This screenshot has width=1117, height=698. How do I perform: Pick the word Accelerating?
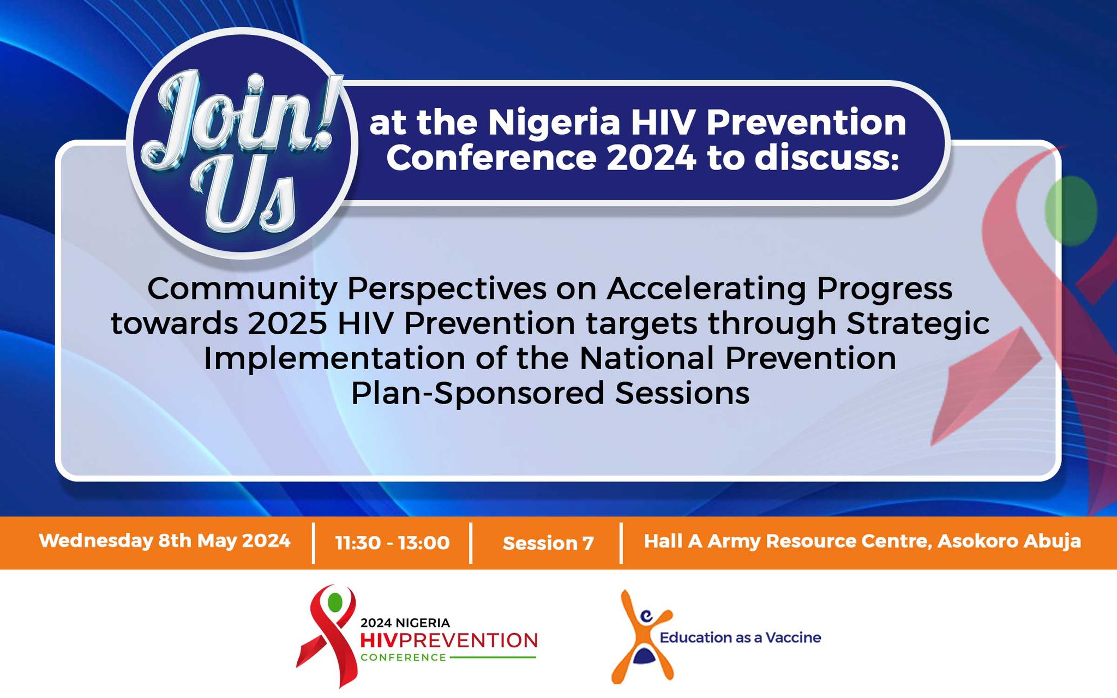(x=706, y=289)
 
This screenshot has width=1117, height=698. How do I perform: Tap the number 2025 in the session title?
(x=287, y=323)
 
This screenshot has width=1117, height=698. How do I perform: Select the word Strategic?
(x=918, y=324)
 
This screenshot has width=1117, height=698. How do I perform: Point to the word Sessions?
(x=682, y=393)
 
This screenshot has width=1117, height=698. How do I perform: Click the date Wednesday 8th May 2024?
(x=165, y=541)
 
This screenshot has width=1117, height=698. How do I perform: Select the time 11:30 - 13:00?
(x=392, y=543)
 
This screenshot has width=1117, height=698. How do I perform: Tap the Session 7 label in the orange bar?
(x=548, y=543)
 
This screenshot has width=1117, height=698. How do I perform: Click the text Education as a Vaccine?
(x=740, y=637)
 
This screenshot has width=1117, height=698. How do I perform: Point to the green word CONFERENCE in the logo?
(x=404, y=658)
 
